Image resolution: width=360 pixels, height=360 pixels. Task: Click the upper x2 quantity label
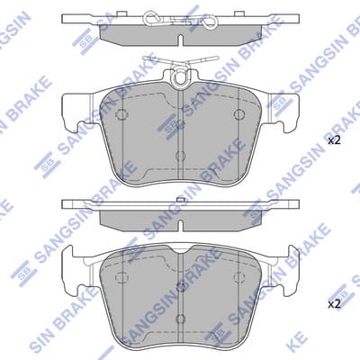click(x=333, y=140)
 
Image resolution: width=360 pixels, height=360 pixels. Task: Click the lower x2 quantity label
click(x=333, y=304)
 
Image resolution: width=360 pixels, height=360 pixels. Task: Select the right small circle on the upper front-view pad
click(x=238, y=114)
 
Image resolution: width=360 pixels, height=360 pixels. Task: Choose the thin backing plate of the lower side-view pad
click(x=182, y=204)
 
